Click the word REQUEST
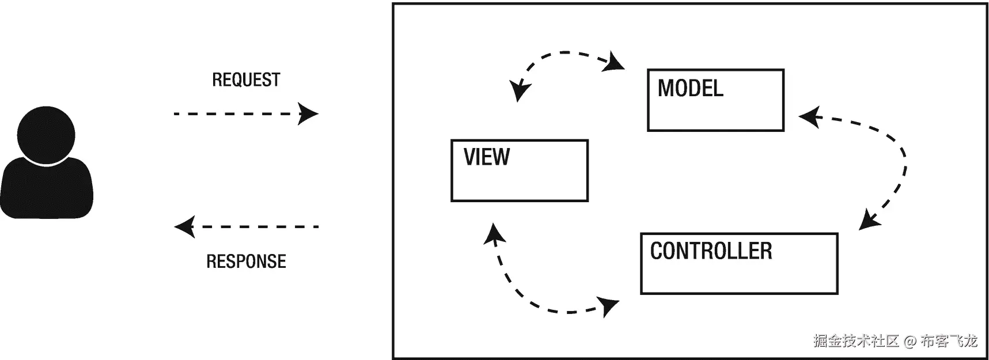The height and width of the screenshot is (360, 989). click(x=246, y=80)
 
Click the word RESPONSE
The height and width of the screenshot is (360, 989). click(x=246, y=262)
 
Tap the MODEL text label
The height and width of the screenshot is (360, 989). click(x=690, y=89)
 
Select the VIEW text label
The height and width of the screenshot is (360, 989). click(x=487, y=157)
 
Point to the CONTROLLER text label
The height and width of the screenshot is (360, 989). click(x=711, y=251)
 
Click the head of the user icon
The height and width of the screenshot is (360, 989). click(x=46, y=135)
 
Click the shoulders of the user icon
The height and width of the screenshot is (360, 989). click(x=46, y=190)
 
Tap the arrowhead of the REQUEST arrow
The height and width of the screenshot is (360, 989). click(x=309, y=114)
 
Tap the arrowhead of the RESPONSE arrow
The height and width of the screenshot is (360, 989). click(x=184, y=227)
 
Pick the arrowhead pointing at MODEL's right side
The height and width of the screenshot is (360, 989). click(x=809, y=118)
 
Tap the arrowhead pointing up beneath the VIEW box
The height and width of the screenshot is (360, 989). click(x=494, y=233)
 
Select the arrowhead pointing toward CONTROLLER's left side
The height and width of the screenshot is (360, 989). click(x=609, y=305)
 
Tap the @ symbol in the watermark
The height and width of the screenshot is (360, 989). click(x=910, y=342)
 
